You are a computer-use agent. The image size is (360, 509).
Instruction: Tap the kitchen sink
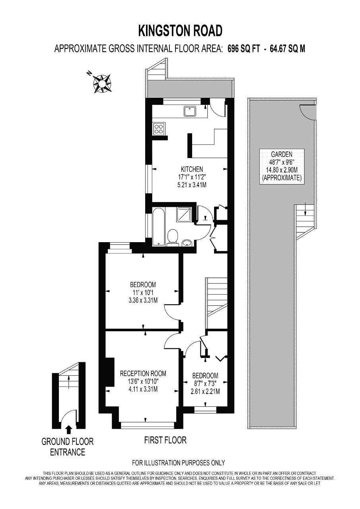tap(191, 112)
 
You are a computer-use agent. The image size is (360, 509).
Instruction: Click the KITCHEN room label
tap(192, 169)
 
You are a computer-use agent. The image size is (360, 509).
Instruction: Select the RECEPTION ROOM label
tap(143, 373)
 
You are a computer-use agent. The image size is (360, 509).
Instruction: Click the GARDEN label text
tap(282, 155)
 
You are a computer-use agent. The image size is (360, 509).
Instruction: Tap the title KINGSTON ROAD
tap(180, 31)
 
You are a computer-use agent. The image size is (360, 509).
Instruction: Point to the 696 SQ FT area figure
tap(243, 49)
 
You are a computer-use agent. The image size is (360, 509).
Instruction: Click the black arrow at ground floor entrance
tap(69, 430)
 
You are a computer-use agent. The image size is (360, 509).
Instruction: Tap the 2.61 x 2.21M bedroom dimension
tap(205, 392)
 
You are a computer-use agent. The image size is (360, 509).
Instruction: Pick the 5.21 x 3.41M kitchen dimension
tap(192, 185)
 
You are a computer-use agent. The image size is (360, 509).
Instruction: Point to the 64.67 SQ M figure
tap(287, 49)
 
